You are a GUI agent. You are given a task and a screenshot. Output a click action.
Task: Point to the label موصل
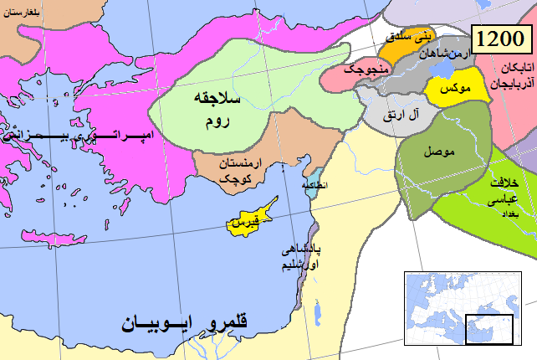tap(438, 153)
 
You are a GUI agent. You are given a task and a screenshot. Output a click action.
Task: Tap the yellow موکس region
tap(452, 87)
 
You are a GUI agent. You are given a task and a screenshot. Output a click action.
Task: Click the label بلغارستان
tap(27, 14)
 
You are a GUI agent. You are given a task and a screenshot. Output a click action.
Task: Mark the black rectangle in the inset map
tap(481, 327)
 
